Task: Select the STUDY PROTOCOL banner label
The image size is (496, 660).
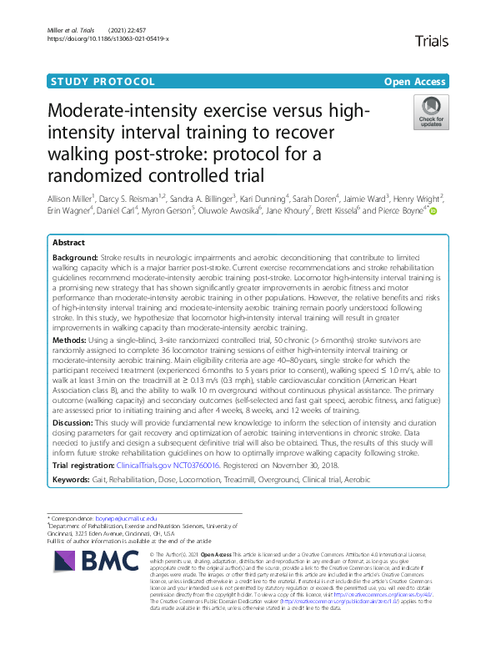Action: (x=103, y=82)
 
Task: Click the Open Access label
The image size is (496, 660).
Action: (x=415, y=82)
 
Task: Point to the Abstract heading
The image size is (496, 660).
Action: (x=68, y=242)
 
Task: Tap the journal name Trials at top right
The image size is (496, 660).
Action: (x=433, y=39)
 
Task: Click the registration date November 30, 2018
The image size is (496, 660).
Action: (x=302, y=464)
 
